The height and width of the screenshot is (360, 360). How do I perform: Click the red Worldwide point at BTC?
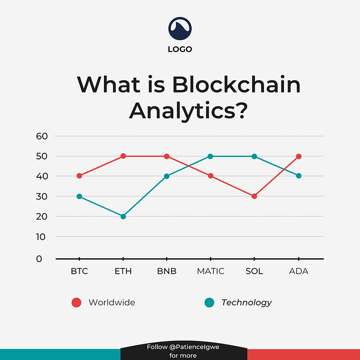coord(79,176)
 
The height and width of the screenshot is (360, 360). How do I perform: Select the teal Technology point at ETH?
coord(123,217)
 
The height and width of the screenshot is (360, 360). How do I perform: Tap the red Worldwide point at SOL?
coord(255,196)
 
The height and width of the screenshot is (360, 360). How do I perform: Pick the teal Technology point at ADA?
coord(299,176)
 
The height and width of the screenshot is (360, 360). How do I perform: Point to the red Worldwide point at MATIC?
coord(211,176)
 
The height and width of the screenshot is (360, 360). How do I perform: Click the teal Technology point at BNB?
coord(167,176)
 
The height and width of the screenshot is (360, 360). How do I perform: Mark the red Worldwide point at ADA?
coord(299,156)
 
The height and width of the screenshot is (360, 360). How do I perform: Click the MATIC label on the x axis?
coord(211,271)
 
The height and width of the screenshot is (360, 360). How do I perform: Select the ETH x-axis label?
coord(123,271)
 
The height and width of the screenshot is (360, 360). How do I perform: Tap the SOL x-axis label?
coord(255,271)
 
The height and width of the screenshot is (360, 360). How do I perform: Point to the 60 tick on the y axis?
coord(42,136)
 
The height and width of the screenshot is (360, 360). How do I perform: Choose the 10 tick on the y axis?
coord(42,237)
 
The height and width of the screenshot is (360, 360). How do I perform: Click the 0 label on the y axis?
coord(39,259)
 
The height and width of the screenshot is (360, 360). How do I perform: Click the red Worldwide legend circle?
coord(77,302)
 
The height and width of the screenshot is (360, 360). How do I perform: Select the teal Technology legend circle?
coord(209,302)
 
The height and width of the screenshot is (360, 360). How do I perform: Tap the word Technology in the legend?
coord(246,302)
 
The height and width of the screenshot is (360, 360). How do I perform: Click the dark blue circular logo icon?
coord(180,29)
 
